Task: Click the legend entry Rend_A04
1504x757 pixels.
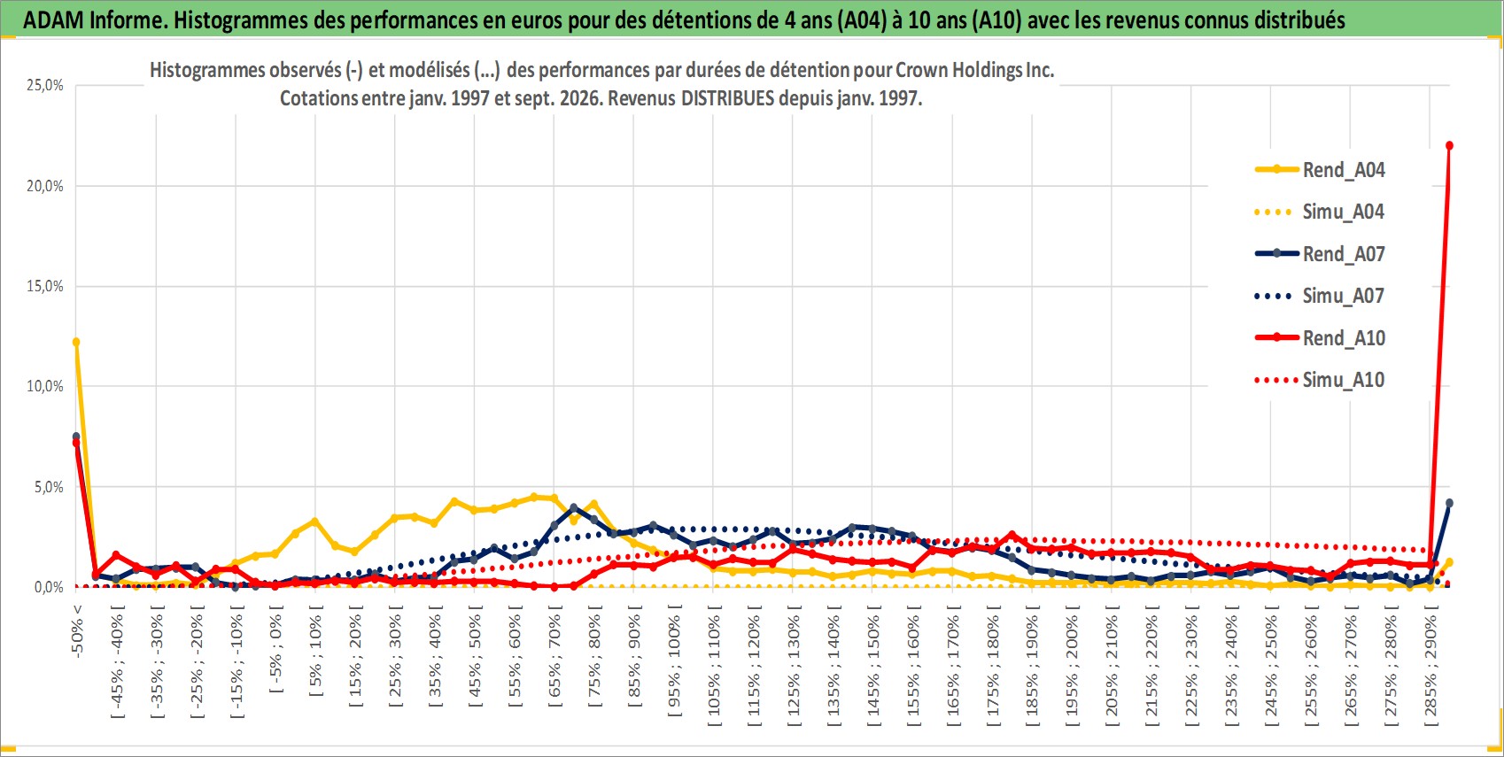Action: pyautogui.click(x=1320, y=170)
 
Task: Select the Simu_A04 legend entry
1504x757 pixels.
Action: pyautogui.click(x=1320, y=212)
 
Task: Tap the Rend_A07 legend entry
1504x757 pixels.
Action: pyautogui.click(x=1320, y=254)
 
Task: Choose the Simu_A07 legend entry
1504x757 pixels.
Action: pyautogui.click(x=1320, y=296)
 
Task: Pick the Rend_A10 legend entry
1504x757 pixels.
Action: pyautogui.click(x=1320, y=337)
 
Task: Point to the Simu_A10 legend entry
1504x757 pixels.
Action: pyautogui.click(x=1320, y=380)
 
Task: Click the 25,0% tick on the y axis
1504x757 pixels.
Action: pyautogui.click(x=45, y=85)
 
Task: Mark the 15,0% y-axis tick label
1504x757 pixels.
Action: pyautogui.click(x=45, y=286)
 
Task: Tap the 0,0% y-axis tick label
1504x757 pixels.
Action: pyautogui.click(x=49, y=587)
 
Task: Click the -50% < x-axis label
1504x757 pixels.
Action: pyautogui.click(x=76, y=630)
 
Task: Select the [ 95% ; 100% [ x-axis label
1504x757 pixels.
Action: pyautogui.click(x=674, y=660)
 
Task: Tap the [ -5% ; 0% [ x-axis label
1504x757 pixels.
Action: pyautogui.click(x=276, y=648)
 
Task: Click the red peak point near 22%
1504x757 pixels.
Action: pyautogui.click(x=1449, y=145)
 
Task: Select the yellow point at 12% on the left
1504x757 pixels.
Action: pyautogui.click(x=76, y=343)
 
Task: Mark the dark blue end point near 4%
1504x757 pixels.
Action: pyautogui.click(x=1449, y=503)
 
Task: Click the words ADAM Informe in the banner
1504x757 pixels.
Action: pyautogui.click(x=93, y=20)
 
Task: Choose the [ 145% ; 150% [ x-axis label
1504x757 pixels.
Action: pyautogui.click(x=873, y=665)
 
